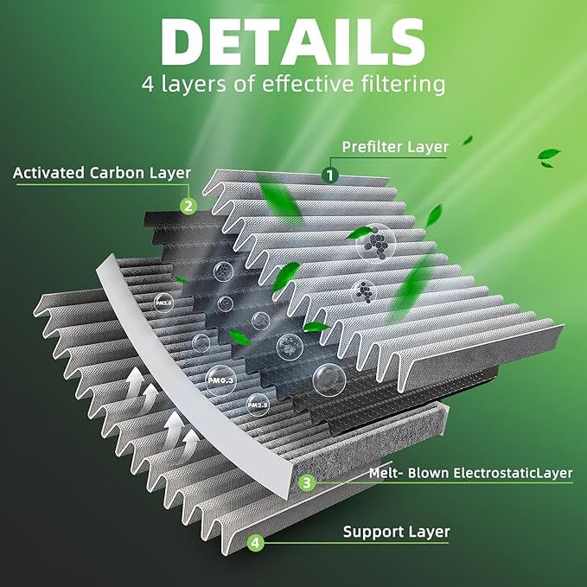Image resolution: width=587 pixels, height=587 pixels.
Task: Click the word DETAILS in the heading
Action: (x=293, y=41)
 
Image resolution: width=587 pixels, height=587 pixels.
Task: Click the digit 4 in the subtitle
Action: (x=148, y=85)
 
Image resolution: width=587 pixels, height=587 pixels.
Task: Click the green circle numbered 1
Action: (x=329, y=173)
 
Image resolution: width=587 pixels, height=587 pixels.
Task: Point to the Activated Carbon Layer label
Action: (x=102, y=172)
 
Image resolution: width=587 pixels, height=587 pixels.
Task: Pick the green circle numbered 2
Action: (x=188, y=206)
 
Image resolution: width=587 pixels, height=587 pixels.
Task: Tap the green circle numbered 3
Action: (x=306, y=483)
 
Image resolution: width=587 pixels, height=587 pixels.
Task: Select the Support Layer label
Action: (x=397, y=533)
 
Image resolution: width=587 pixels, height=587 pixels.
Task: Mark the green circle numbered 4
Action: (x=254, y=544)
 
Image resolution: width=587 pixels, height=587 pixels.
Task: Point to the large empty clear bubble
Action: (x=329, y=379)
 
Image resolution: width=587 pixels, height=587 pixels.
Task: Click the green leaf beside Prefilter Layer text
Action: (x=467, y=139)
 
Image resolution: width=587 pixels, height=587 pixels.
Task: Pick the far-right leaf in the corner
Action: (x=549, y=156)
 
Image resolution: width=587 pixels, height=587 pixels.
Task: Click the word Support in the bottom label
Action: (x=370, y=533)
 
